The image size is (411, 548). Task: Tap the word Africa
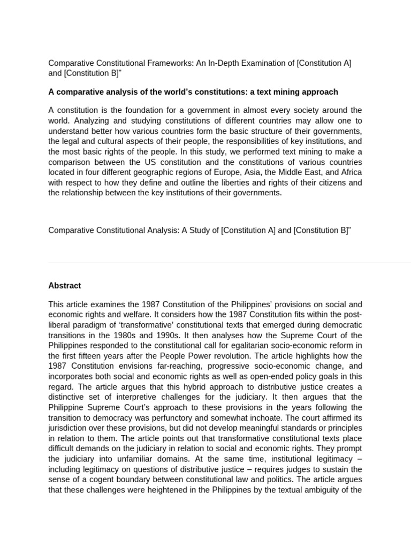[x=348, y=172]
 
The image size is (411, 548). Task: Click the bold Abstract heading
[x=65, y=286]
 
